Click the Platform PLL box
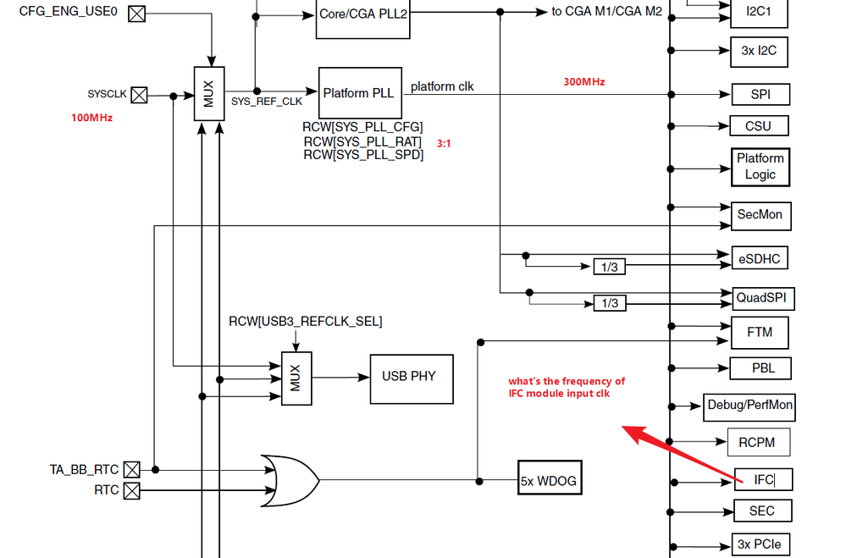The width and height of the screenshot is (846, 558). (x=358, y=93)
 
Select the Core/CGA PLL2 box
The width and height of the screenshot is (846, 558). (x=363, y=15)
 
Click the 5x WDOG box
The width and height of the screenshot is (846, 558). (x=549, y=481)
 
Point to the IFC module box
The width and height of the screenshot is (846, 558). (x=763, y=480)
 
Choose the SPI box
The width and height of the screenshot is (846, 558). (x=760, y=94)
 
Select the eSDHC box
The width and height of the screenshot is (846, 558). (x=760, y=257)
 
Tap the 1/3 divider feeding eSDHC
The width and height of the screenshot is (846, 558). (x=609, y=267)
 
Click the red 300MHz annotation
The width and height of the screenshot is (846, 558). (x=584, y=82)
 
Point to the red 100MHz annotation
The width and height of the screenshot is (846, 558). (x=91, y=118)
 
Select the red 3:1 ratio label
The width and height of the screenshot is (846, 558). (x=444, y=144)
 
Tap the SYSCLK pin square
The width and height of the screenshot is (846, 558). (x=138, y=95)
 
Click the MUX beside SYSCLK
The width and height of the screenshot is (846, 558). (x=208, y=94)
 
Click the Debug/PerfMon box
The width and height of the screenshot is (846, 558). (x=749, y=405)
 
